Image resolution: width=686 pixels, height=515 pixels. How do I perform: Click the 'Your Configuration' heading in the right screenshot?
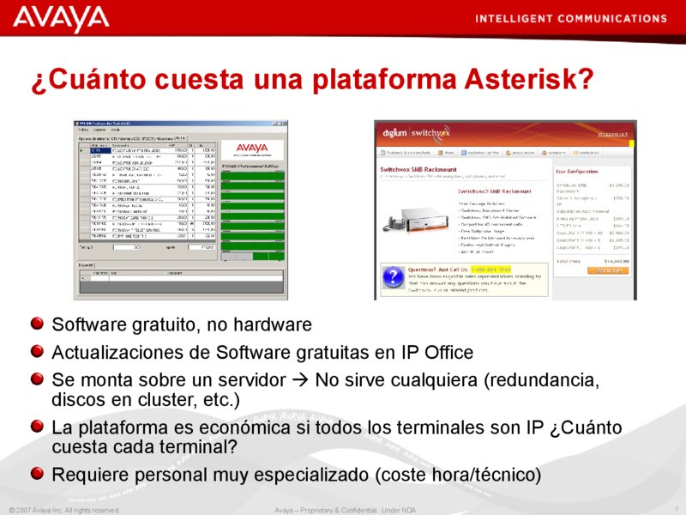pos(584,172)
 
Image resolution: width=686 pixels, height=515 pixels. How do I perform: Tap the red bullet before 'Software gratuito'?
pos(37,325)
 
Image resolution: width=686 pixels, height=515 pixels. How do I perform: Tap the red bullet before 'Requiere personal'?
pos(37,472)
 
